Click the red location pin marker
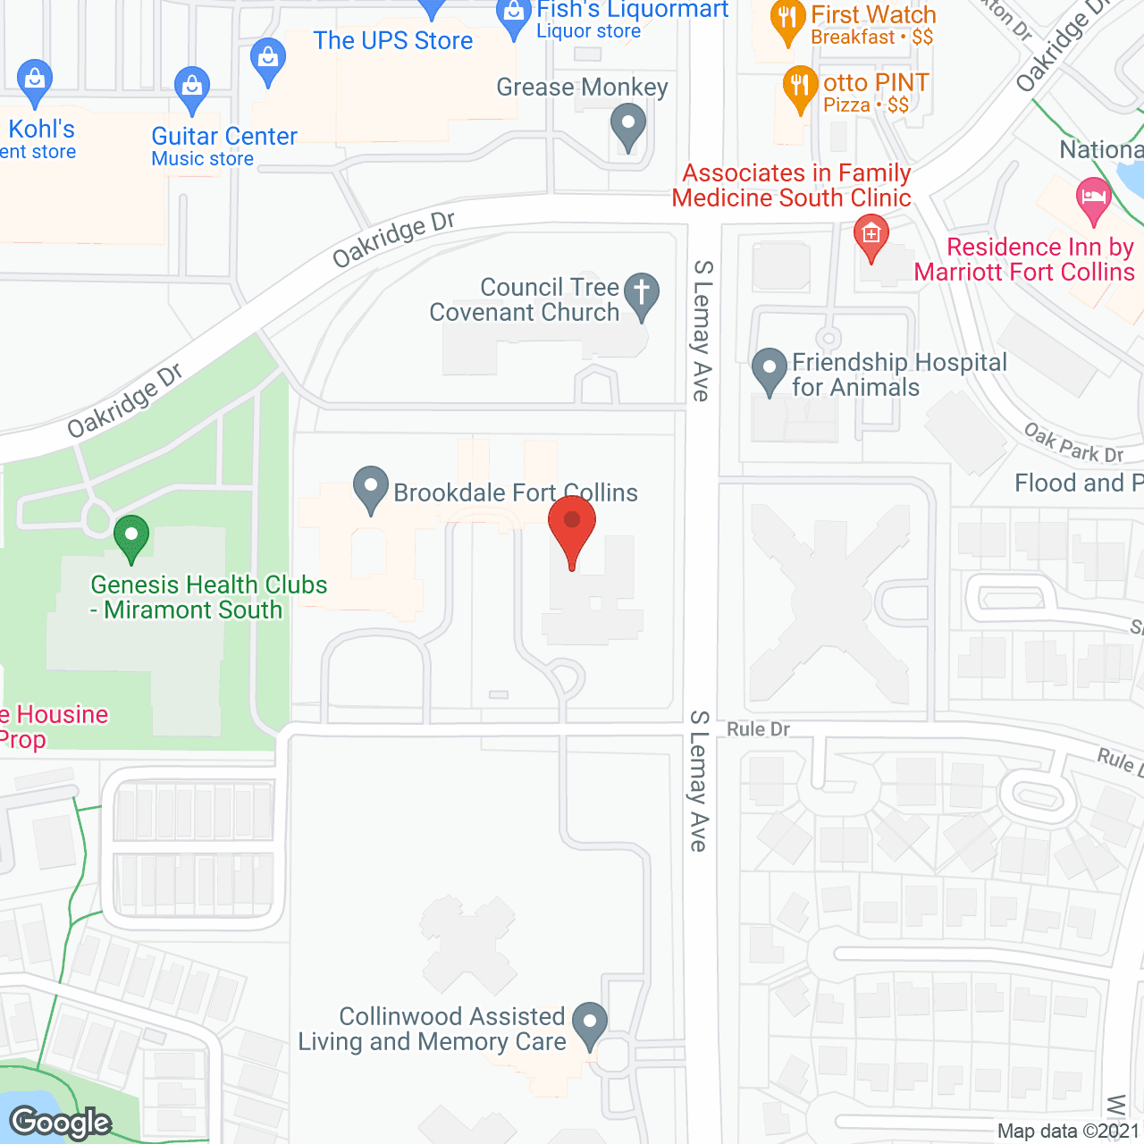click(x=572, y=524)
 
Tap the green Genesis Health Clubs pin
click(x=131, y=537)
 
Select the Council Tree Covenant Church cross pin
click(x=641, y=294)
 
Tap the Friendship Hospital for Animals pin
click(x=769, y=370)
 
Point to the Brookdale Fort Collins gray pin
click(x=370, y=488)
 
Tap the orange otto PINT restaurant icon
click(x=800, y=87)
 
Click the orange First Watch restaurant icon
click(x=787, y=20)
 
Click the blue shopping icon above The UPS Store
click(x=267, y=60)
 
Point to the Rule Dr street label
click(x=758, y=729)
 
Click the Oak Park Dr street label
click(x=1073, y=444)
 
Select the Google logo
click(x=61, y=1123)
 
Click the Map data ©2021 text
click(x=1069, y=1131)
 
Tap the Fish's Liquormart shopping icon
click(x=513, y=16)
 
